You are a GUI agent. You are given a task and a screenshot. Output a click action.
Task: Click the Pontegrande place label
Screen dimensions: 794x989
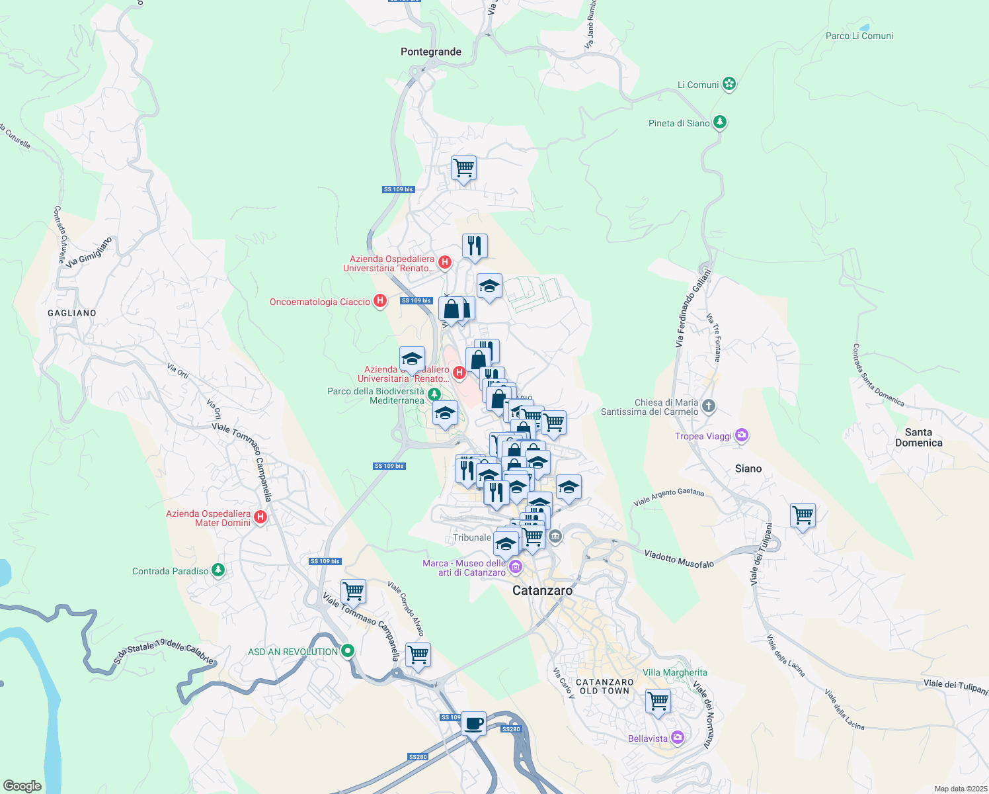coord(431,52)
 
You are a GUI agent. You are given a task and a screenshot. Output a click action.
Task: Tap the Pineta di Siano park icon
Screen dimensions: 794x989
coord(720,122)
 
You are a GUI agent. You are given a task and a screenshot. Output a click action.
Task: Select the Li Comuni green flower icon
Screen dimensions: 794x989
coord(729,84)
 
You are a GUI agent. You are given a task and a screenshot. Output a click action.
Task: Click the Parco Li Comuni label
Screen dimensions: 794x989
coord(859,36)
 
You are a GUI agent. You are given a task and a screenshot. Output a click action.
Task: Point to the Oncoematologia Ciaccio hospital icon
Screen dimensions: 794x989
coord(380,302)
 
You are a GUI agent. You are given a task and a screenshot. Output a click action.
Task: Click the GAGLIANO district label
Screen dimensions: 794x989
coord(72,313)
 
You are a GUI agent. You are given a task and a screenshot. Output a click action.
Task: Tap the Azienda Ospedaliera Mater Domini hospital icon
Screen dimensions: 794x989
coord(260,517)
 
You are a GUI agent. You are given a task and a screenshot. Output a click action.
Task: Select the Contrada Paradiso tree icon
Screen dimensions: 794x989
coord(219,570)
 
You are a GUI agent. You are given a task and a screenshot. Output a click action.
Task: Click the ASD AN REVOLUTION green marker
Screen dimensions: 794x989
coord(348,651)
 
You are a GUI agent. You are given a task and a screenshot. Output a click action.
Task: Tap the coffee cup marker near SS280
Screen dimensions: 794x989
coord(473,723)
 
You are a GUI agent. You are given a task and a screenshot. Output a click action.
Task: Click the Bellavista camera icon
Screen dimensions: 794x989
coord(677,738)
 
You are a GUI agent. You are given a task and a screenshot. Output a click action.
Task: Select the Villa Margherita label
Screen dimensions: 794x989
coord(674,672)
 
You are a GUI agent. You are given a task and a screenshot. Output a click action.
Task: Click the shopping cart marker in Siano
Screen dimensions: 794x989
coord(803,515)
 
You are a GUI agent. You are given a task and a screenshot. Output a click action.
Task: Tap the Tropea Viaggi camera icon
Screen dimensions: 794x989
coord(742,435)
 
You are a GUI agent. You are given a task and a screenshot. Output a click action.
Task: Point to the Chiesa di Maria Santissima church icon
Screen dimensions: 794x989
coord(708,406)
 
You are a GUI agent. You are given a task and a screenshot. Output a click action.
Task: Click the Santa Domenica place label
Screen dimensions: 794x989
coord(918,437)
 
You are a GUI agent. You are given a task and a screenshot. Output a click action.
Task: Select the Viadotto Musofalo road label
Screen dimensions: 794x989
coord(679,559)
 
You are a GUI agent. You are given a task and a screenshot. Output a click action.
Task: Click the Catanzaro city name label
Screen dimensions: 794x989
coord(543,590)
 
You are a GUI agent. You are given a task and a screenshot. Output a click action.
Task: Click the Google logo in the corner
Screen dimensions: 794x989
coord(22,785)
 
